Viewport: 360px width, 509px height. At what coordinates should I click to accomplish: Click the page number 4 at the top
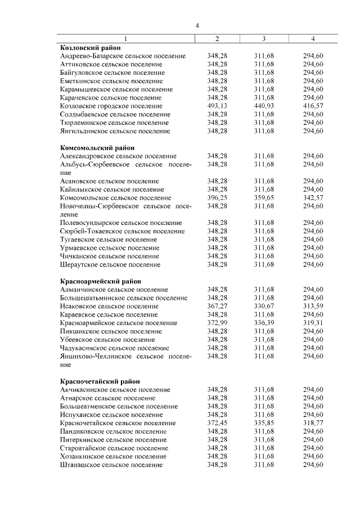click(x=197, y=25)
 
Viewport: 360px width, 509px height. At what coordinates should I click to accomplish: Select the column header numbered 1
click(x=125, y=39)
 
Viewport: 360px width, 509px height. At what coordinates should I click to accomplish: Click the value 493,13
click(x=217, y=106)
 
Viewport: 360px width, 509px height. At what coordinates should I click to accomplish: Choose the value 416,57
click(x=313, y=106)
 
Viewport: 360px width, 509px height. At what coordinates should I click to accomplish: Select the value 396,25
click(x=217, y=198)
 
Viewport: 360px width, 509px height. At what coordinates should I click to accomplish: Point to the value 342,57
click(x=313, y=198)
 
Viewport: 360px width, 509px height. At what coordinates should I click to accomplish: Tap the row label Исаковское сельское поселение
click(x=109, y=306)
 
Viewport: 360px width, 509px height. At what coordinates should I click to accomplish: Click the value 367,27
click(x=217, y=306)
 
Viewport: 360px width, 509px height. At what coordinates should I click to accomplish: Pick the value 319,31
click(x=313, y=323)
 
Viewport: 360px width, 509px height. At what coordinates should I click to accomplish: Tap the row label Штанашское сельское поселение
click(x=111, y=465)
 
